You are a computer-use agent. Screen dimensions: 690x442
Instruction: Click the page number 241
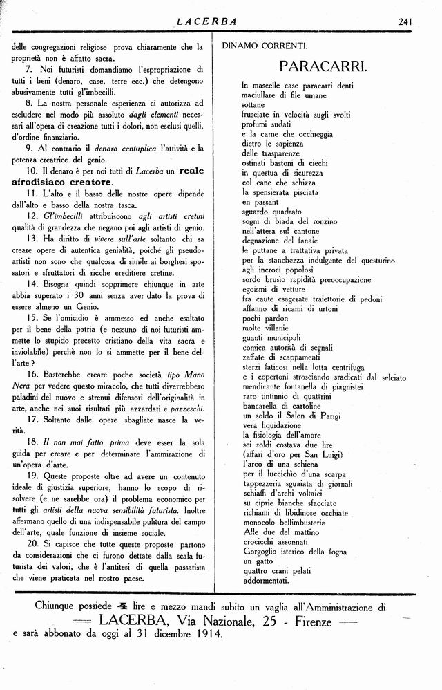tap(405, 21)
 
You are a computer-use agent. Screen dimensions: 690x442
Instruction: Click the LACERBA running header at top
tap(206, 21)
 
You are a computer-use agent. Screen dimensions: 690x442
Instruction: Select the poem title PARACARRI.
tap(323, 67)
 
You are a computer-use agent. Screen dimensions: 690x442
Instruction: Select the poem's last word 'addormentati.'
tap(265, 581)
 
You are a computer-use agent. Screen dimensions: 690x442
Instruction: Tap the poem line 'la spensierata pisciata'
tap(280, 191)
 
